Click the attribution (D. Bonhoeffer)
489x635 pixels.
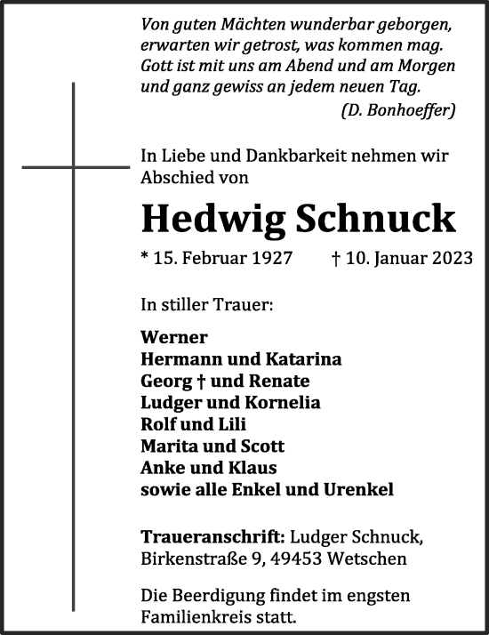[x=398, y=110]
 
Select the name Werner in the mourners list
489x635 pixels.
[x=174, y=337]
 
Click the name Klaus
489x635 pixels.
[x=254, y=468]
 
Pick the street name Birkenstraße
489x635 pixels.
[x=192, y=559]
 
